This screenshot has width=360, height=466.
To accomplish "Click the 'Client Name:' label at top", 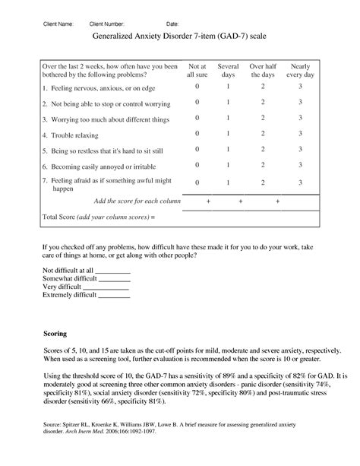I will click(58, 24).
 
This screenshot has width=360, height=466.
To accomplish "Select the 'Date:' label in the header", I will click(172, 24).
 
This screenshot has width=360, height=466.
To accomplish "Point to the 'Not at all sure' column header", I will click(197, 71).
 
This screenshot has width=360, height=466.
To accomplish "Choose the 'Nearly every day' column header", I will click(301, 71).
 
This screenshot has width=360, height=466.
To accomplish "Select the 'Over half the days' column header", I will click(263, 71).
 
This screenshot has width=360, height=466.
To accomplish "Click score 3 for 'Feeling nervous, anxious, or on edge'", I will click(301, 87).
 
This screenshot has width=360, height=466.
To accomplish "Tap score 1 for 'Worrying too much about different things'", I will click(229, 119).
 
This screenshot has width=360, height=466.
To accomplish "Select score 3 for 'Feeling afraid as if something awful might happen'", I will click(301, 182).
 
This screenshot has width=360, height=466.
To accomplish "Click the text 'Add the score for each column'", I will click(137, 201).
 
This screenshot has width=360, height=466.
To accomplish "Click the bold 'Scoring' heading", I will click(55, 335).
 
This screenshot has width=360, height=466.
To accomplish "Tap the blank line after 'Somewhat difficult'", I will click(115, 279).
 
